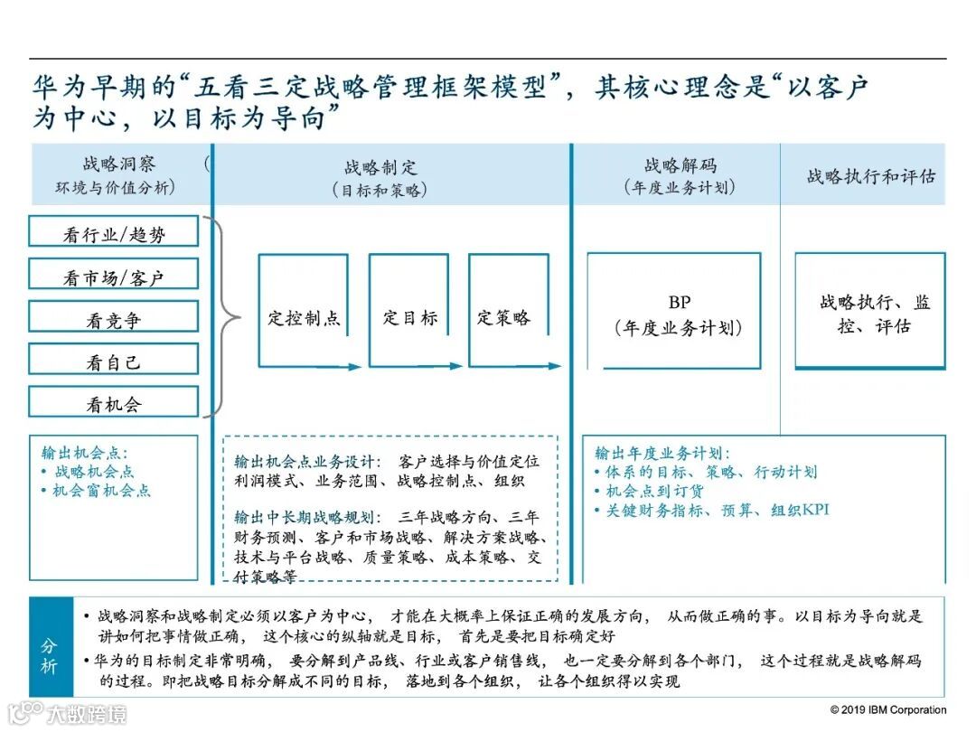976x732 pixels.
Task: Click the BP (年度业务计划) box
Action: (674, 312)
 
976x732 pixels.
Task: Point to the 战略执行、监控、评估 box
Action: (869, 312)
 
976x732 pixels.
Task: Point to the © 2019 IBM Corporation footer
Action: (887, 709)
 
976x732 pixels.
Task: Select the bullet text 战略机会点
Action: (93, 471)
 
